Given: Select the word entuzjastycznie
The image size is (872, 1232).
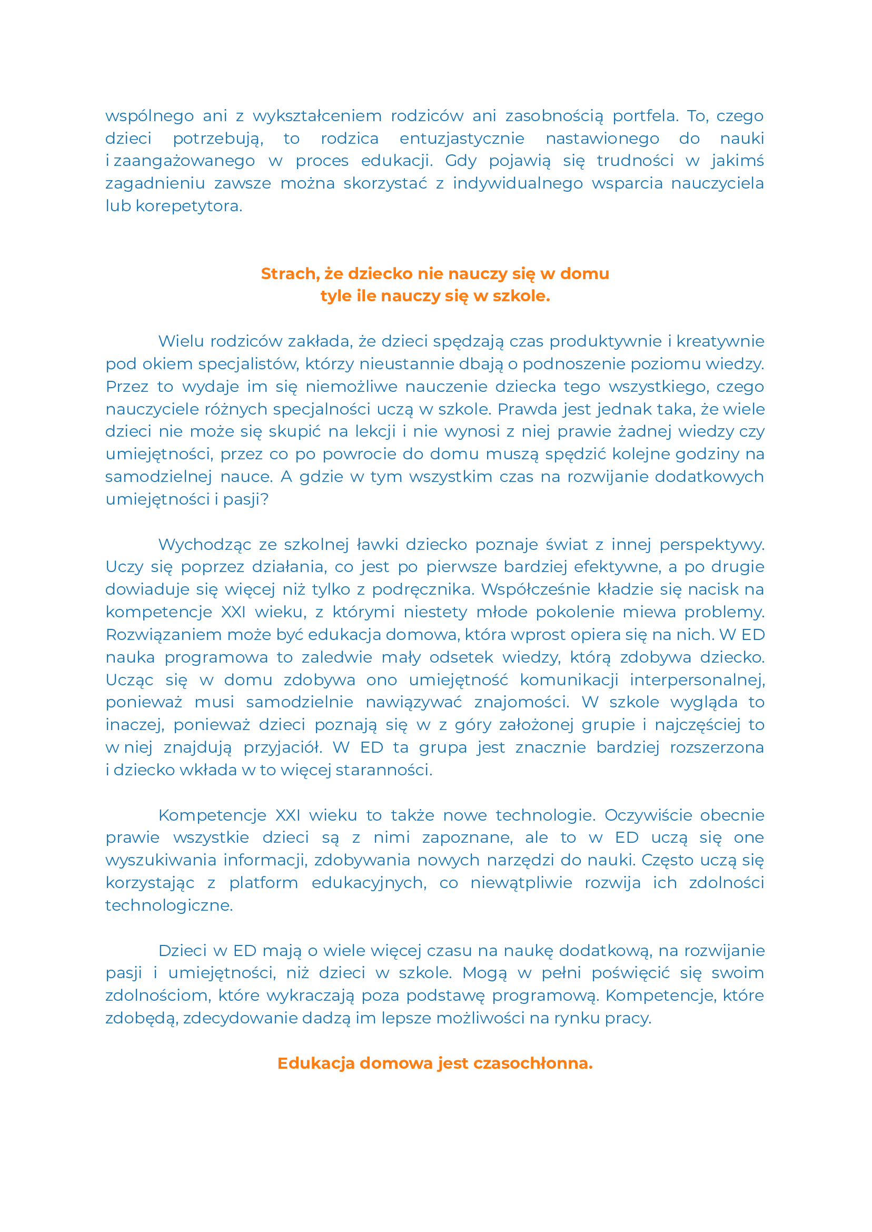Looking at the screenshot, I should pos(462,139).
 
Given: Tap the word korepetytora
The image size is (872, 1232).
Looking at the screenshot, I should pos(189,206).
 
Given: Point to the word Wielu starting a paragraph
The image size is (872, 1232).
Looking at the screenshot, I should pos(181,341).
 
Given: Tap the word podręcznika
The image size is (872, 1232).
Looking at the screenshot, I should pos(423,590).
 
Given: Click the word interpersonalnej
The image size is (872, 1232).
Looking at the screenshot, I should pos(697,680).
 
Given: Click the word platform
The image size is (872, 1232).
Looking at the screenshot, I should pos(263,883).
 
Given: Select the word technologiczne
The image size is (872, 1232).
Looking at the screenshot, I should pos(169,905).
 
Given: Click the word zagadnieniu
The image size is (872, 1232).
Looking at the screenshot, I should pos(155,184).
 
